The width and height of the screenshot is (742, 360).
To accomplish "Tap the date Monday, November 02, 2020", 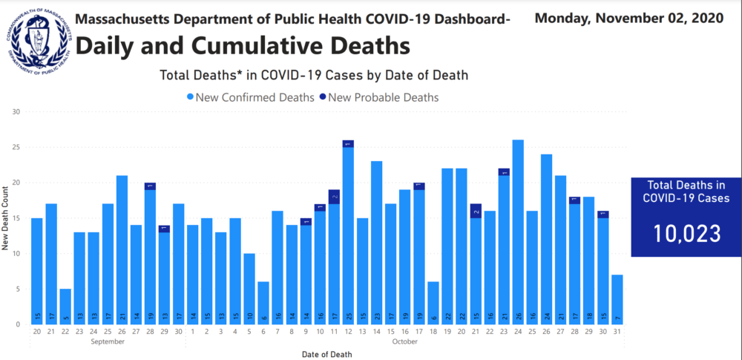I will [x=628, y=19].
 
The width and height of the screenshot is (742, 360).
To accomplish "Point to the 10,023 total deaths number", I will [x=686, y=233].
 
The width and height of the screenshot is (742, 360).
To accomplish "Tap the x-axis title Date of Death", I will [x=326, y=353].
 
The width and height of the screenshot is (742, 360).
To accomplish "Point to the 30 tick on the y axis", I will [x=16, y=111].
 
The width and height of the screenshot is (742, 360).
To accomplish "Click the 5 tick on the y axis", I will [x=18, y=289].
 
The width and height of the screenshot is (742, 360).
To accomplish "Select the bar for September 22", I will [x=66, y=306].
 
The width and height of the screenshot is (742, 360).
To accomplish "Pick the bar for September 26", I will [x=122, y=249].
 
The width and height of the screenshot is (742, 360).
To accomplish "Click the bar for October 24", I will [x=518, y=232].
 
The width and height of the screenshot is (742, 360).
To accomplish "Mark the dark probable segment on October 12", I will [x=348, y=143].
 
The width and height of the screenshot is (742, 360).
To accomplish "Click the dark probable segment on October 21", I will [x=476, y=211].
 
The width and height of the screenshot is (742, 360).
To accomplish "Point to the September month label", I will [x=108, y=341].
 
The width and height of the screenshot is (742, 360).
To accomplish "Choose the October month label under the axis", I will [x=404, y=341].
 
